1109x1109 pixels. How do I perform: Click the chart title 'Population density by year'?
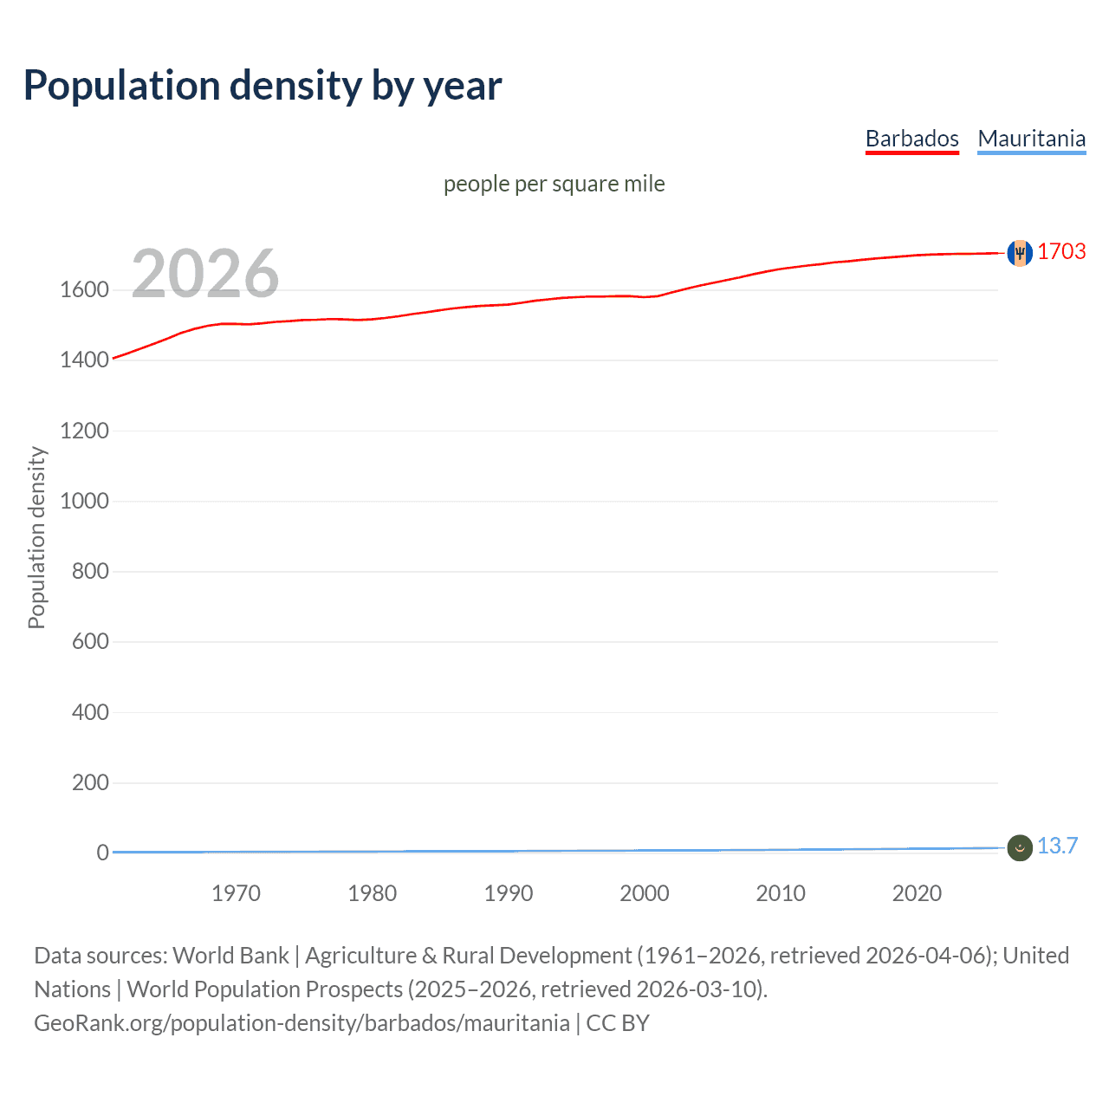[263, 86]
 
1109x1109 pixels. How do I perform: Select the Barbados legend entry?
[911, 139]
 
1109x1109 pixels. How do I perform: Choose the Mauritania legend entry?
[1031, 139]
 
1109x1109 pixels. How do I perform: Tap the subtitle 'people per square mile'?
[554, 184]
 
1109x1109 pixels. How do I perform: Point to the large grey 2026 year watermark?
[205, 274]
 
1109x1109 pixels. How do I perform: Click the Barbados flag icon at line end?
[1020, 253]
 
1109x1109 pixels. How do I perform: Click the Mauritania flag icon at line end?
[1020, 847]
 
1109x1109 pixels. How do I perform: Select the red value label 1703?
[1061, 251]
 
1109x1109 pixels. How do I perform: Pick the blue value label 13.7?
[1057, 846]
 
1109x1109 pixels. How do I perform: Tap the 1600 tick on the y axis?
[84, 289]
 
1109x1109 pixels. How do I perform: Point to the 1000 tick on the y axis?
[84, 501]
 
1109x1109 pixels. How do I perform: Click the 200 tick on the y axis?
[90, 782]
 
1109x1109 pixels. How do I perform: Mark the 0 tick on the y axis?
[102, 853]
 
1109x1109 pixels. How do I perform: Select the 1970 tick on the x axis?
[236, 893]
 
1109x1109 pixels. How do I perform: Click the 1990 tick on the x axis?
[509, 893]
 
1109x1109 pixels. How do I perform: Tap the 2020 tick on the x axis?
[917, 893]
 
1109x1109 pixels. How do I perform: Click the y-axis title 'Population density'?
[36, 537]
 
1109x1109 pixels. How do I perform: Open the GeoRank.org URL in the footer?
[302, 1023]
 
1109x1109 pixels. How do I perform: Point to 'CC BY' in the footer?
[618, 1023]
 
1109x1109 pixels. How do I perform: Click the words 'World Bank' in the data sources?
[230, 956]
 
